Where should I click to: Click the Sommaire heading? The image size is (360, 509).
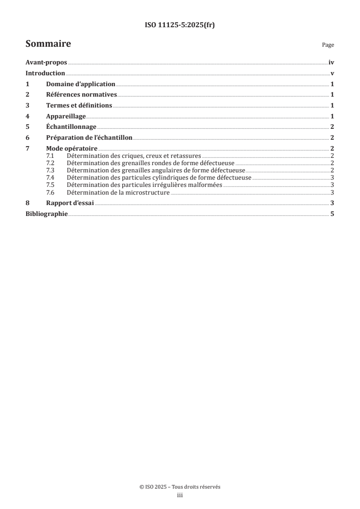point(48,44)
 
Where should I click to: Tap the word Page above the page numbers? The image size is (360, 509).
point(328,45)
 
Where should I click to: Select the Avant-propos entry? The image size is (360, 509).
point(46,63)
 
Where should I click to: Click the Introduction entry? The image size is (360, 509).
point(45,73)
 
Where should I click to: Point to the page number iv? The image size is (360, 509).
point(331,63)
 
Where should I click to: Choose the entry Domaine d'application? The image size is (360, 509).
point(81,84)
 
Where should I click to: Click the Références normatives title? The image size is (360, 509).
point(82,95)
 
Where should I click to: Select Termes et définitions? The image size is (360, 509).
point(79,105)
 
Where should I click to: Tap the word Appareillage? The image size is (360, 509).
point(66,116)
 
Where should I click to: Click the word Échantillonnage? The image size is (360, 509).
point(71,127)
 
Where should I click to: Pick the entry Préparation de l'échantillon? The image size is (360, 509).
point(89,137)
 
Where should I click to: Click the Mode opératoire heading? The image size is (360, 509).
point(72,148)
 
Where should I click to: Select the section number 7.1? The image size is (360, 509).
point(50,156)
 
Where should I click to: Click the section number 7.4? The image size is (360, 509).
point(50,178)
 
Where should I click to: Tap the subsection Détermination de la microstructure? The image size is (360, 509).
point(118,193)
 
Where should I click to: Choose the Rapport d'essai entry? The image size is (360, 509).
point(70,203)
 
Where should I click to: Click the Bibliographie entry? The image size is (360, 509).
point(47,214)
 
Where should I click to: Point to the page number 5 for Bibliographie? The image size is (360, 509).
point(332,214)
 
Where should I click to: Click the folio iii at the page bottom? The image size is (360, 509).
point(180,495)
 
